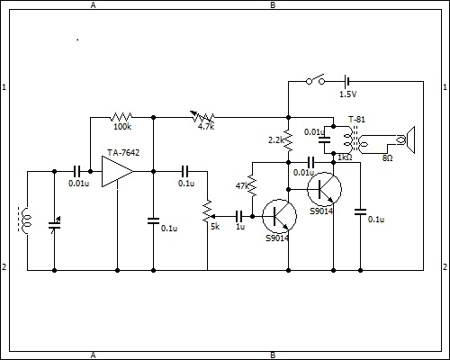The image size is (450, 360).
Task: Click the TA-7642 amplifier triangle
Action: pyautogui.click(x=117, y=172)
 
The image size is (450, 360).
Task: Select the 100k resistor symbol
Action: pyautogui.click(x=121, y=117)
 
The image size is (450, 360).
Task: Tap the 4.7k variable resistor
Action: pyautogui.click(x=202, y=117)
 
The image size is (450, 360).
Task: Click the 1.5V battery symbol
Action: pyautogui.click(x=347, y=81)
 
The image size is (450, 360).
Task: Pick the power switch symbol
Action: pyautogui.click(x=316, y=79)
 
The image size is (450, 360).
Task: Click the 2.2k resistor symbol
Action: pyautogui.click(x=288, y=139)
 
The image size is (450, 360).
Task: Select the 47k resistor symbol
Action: pyautogui.click(x=252, y=185)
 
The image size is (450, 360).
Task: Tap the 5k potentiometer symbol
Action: pyautogui.click(x=207, y=211)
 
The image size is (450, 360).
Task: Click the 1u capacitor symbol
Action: pyautogui.click(x=239, y=216)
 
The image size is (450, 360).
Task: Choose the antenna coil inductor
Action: pyautogui.click(x=26, y=220)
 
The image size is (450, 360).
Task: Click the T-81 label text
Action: pyautogui.click(x=356, y=120)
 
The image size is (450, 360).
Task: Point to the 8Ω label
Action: pyautogui.click(x=387, y=158)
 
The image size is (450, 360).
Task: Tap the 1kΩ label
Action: pyautogui.click(x=345, y=157)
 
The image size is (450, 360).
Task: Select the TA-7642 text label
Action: pyautogui.click(x=123, y=153)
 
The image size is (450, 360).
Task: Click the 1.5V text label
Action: pyautogui.click(x=347, y=94)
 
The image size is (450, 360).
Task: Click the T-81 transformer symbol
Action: pyautogui.click(x=355, y=139)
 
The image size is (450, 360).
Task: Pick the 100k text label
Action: pyautogui.click(x=122, y=127)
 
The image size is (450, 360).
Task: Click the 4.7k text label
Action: pyautogui.click(x=206, y=127)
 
